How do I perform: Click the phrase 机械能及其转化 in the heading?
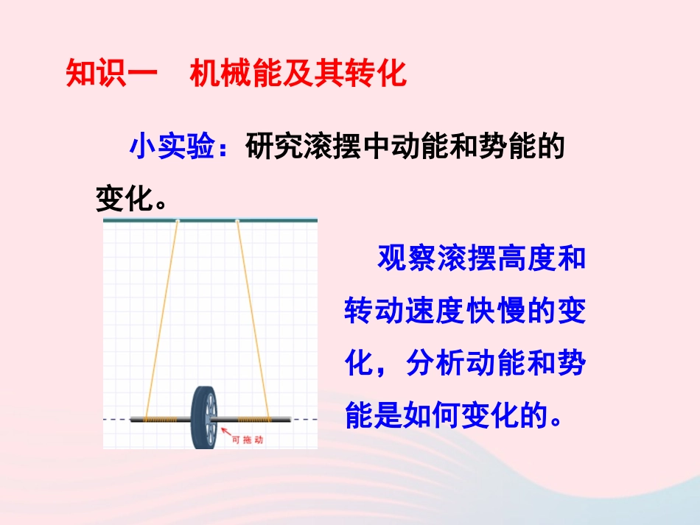[x=298, y=74]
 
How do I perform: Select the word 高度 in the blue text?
[x=529, y=259]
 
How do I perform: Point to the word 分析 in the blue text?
[x=437, y=364]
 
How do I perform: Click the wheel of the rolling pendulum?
[x=206, y=416]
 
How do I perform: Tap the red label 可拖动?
[x=248, y=440]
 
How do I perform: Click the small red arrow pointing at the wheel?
[x=225, y=433]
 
